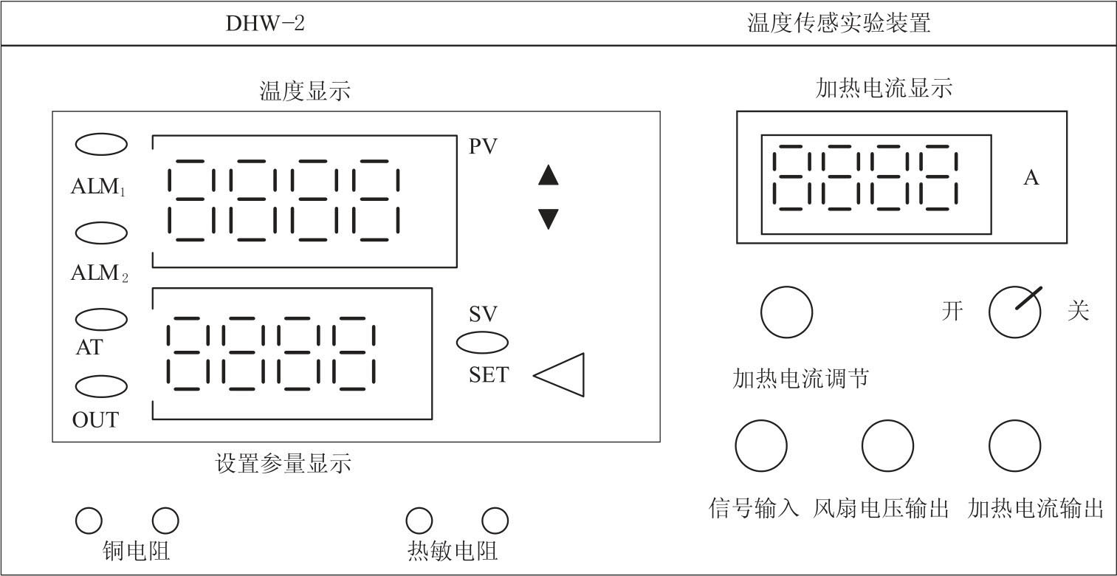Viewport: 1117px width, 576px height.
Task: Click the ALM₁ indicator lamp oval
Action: pyautogui.click(x=102, y=145)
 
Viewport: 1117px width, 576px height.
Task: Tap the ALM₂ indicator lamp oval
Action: pyautogui.click(x=102, y=233)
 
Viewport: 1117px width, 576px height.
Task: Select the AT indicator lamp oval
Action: pyautogui.click(x=102, y=319)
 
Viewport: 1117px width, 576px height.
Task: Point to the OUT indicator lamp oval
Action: pyautogui.click(x=102, y=386)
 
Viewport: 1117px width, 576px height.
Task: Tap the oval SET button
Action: pyautogui.click(x=482, y=343)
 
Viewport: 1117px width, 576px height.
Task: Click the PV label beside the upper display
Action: pyautogui.click(x=484, y=146)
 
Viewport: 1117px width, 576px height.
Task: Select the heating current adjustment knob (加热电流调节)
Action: pyautogui.click(x=786, y=312)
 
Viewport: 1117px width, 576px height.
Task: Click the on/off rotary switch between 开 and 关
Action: pyautogui.click(x=1015, y=312)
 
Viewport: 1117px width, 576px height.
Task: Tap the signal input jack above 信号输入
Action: pyautogui.click(x=761, y=446)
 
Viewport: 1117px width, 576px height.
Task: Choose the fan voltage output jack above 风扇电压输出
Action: pyautogui.click(x=887, y=446)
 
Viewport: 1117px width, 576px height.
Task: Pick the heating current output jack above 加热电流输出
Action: pyautogui.click(x=1015, y=446)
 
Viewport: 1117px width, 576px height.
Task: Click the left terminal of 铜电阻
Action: pyautogui.click(x=89, y=521)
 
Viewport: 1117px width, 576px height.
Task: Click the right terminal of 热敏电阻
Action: pyautogui.click(x=495, y=521)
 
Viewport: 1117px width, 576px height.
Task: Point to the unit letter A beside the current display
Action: pyautogui.click(x=1031, y=178)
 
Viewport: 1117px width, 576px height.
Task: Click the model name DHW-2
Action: pyautogui.click(x=265, y=24)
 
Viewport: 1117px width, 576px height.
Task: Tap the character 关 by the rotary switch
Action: pyautogui.click(x=1079, y=311)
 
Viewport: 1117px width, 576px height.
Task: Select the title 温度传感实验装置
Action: pyautogui.click(x=839, y=24)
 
